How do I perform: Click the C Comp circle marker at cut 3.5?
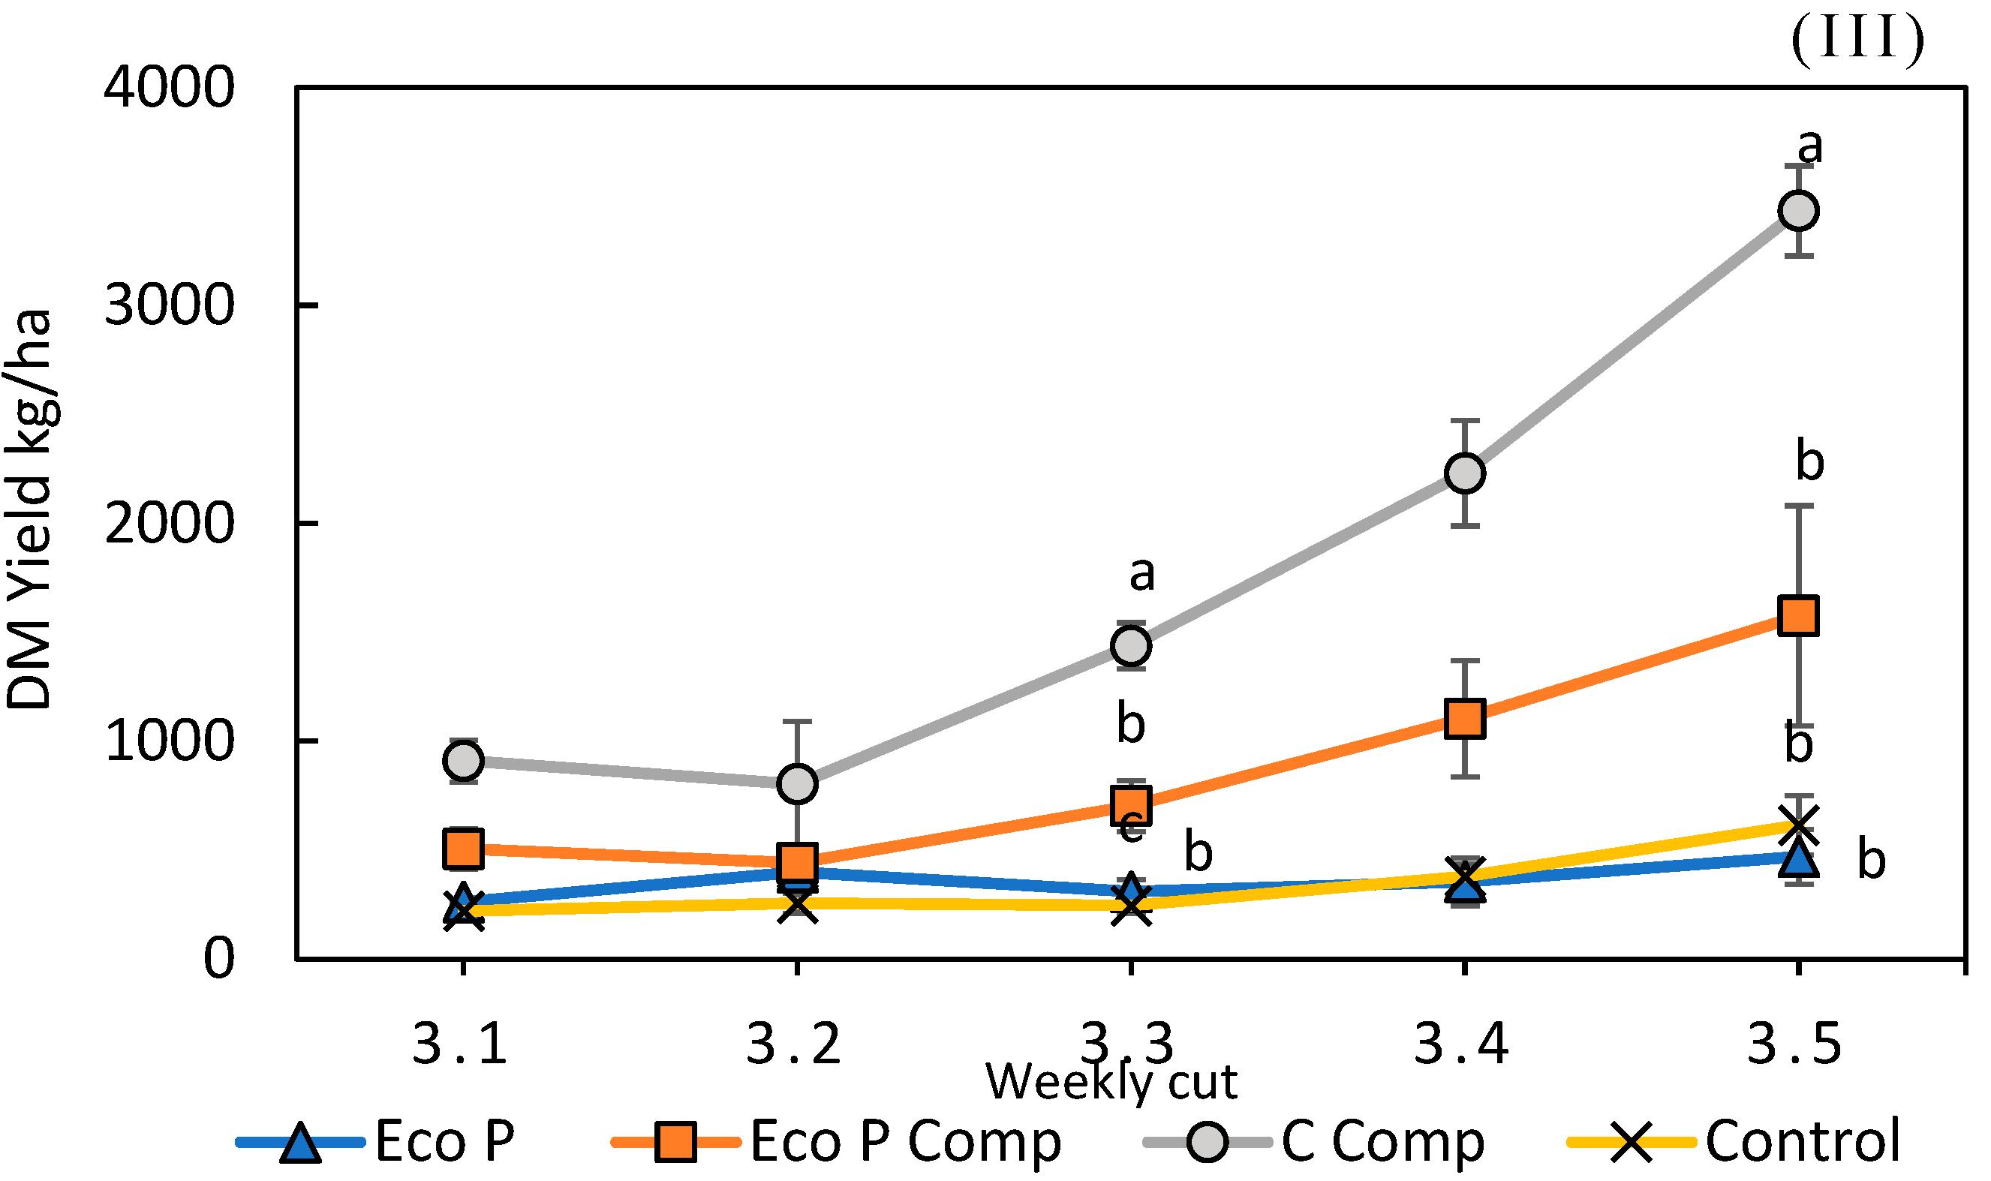pos(1797,211)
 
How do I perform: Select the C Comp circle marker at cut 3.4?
pos(1464,473)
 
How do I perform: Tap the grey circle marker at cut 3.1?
pos(463,760)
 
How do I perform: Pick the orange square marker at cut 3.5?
pos(1797,615)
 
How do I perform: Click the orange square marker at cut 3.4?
pos(1464,718)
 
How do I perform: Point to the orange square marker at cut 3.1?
pos(463,849)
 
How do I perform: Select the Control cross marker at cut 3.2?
pos(796,905)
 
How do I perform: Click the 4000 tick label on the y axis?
pos(169,87)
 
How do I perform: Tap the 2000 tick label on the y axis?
pos(169,523)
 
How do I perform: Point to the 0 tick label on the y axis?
pos(219,958)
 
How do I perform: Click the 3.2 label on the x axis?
pos(793,1044)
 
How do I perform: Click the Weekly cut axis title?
pos(1111,1082)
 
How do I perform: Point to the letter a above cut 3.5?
pos(1809,146)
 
